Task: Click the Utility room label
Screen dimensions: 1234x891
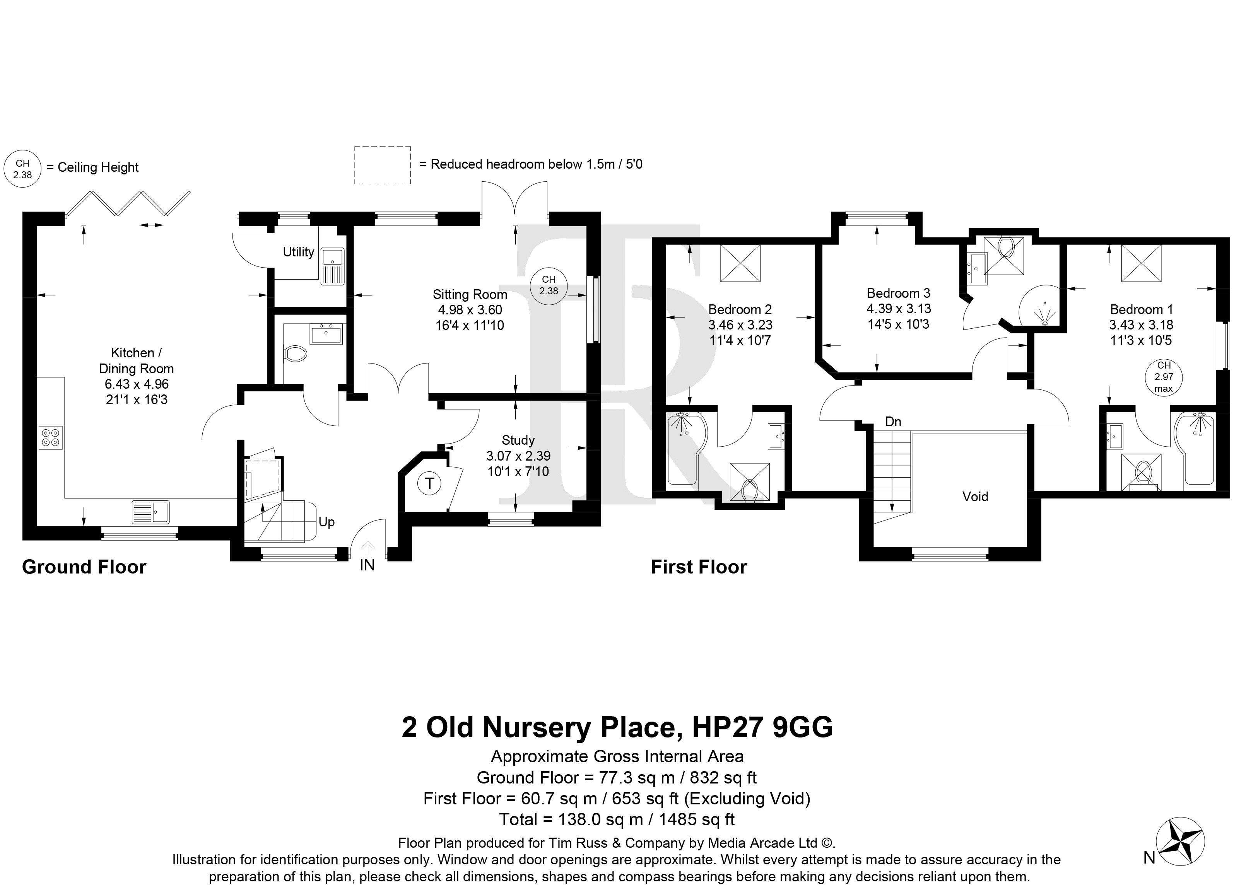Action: (x=298, y=252)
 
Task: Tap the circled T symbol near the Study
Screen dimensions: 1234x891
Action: (x=430, y=483)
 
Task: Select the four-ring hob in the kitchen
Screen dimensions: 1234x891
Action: (x=51, y=438)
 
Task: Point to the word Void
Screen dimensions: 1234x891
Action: (x=975, y=497)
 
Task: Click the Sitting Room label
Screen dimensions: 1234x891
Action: (x=470, y=295)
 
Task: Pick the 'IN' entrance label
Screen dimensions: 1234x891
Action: (x=367, y=565)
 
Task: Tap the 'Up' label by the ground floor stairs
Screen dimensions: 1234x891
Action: (x=326, y=522)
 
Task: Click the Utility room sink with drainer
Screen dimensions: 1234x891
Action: (x=332, y=266)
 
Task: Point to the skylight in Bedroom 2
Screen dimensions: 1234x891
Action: (x=740, y=263)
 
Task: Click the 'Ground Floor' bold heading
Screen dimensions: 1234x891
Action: (x=84, y=567)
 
